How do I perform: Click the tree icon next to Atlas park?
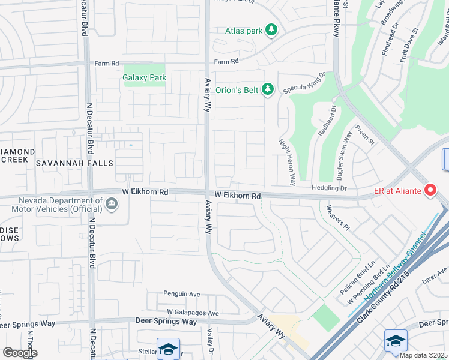click(271, 29)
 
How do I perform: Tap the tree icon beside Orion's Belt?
click(268, 90)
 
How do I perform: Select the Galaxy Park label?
click(144, 77)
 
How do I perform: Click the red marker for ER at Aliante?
click(430, 190)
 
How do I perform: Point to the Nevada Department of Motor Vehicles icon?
click(111, 205)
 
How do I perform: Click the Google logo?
click(20, 352)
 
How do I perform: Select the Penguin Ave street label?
click(182, 294)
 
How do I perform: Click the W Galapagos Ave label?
click(193, 313)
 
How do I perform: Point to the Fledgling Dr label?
click(329, 188)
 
